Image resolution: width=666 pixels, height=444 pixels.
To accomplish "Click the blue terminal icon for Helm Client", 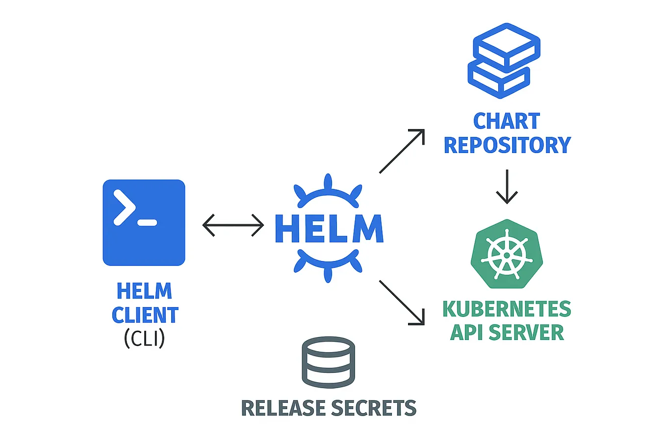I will point(144,222).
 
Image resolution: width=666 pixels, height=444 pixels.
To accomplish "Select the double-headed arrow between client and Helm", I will point(233,225).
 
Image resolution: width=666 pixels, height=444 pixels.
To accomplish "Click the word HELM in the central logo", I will point(329,229).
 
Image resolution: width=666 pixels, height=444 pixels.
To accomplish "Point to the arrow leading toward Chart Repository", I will point(402,151).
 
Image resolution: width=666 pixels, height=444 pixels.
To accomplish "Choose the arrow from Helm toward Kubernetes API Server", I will point(402,303).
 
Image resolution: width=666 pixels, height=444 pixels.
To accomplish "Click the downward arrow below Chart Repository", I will point(507,186).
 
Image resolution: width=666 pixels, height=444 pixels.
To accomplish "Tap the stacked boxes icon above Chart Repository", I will point(504,60).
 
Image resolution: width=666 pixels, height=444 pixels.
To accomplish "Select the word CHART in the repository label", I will point(507,121).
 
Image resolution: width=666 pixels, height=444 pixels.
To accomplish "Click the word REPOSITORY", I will point(507,145).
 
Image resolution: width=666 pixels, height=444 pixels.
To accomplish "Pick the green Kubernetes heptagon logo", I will point(507,254).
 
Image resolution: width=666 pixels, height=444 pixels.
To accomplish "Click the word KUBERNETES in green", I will point(507,309).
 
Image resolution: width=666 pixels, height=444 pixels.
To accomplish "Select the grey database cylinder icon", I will point(328,362).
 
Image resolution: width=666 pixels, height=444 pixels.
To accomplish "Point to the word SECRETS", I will point(374,408).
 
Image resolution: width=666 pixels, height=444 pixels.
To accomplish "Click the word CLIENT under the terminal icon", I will point(145,315).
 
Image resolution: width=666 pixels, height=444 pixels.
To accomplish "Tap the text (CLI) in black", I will point(144,339).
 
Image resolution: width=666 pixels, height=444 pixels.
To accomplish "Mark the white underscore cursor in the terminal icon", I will point(147,223).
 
